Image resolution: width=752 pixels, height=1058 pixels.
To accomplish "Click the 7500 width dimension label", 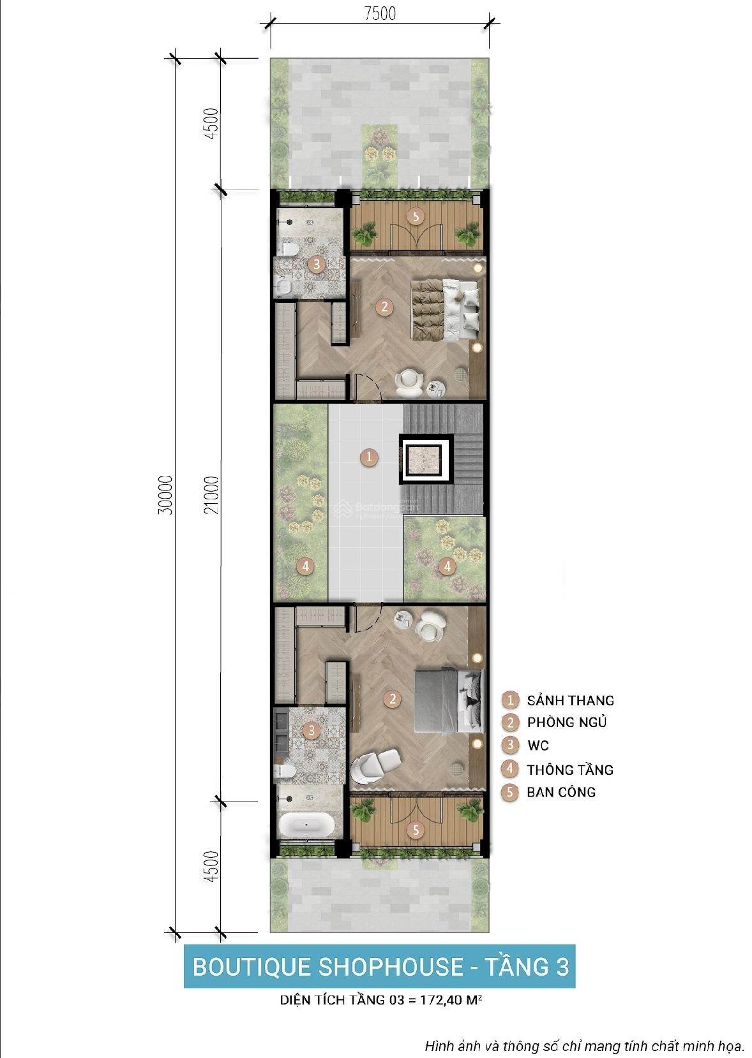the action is coord(380,13).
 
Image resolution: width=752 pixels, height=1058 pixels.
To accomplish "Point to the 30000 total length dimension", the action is coord(165,495).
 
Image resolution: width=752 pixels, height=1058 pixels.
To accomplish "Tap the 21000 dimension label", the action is coord(212,495).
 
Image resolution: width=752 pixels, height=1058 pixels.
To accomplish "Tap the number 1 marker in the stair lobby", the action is coord(369,457).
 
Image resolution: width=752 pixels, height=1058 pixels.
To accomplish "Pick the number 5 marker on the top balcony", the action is coord(416,216).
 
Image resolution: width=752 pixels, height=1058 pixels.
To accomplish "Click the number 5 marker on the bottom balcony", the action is coord(416,830).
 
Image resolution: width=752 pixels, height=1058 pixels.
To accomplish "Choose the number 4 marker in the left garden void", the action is coord(305,566).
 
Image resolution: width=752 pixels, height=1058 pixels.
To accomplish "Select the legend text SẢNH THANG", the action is coord(571,701).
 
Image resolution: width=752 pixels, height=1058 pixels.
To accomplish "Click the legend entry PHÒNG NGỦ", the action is coord(567,722).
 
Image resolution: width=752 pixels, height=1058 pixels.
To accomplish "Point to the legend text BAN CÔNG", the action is coord(561,792).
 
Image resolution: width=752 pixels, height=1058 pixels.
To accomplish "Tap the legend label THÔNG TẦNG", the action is coord(570,769).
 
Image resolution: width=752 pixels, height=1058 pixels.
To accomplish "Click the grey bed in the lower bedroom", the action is coord(449,702).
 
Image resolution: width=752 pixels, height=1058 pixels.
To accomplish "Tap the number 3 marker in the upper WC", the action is coord(317,264).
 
